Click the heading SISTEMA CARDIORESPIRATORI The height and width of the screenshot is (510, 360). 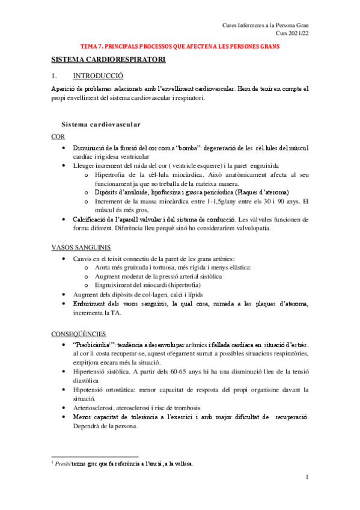pyautogui.click(x=108, y=61)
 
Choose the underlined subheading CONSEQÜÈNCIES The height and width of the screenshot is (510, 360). pyautogui.click(x=79, y=333)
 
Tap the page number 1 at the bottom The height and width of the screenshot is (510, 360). pyautogui.click(x=307, y=478)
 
